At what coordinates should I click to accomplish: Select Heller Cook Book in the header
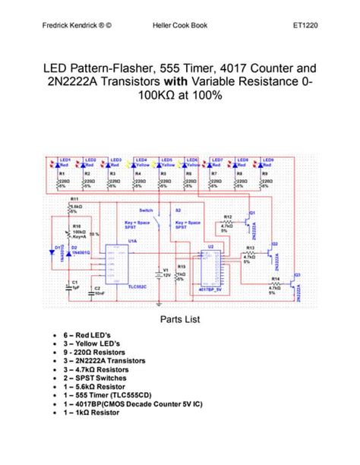[x=179, y=26]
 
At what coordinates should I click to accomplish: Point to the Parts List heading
[x=179, y=319]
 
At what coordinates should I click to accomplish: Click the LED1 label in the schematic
[x=65, y=160]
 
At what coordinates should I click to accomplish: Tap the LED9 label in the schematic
[x=267, y=160]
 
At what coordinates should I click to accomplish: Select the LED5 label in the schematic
[x=166, y=160]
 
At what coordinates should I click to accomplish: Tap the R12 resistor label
[x=227, y=217]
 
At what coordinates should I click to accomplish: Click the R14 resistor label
[x=275, y=280]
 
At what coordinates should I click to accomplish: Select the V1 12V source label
[x=165, y=270]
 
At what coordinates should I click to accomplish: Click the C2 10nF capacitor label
[x=96, y=287]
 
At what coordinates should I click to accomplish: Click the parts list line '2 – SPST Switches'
[x=95, y=378]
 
